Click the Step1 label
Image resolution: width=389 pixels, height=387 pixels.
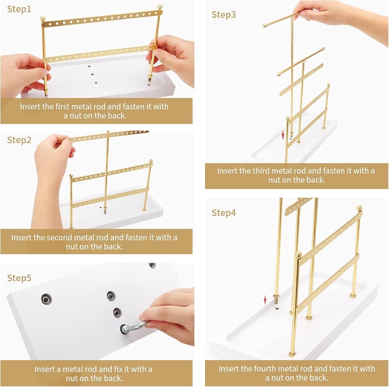(x=19, y=9)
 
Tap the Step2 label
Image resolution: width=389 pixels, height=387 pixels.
(x=19, y=140)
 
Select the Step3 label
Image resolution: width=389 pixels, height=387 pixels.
(x=224, y=15)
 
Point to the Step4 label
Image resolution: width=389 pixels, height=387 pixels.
(x=224, y=213)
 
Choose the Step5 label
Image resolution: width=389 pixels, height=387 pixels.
(x=19, y=278)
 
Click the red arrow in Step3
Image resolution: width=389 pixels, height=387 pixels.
(x=283, y=135)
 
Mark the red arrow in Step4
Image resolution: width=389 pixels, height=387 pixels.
(x=265, y=300)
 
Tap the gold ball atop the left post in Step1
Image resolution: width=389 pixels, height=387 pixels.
(x=43, y=18)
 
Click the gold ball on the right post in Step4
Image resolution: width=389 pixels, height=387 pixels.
(x=359, y=208)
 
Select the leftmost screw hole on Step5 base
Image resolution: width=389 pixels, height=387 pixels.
(x=46, y=299)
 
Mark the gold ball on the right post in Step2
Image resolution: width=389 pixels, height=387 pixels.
(x=151, y=161)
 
